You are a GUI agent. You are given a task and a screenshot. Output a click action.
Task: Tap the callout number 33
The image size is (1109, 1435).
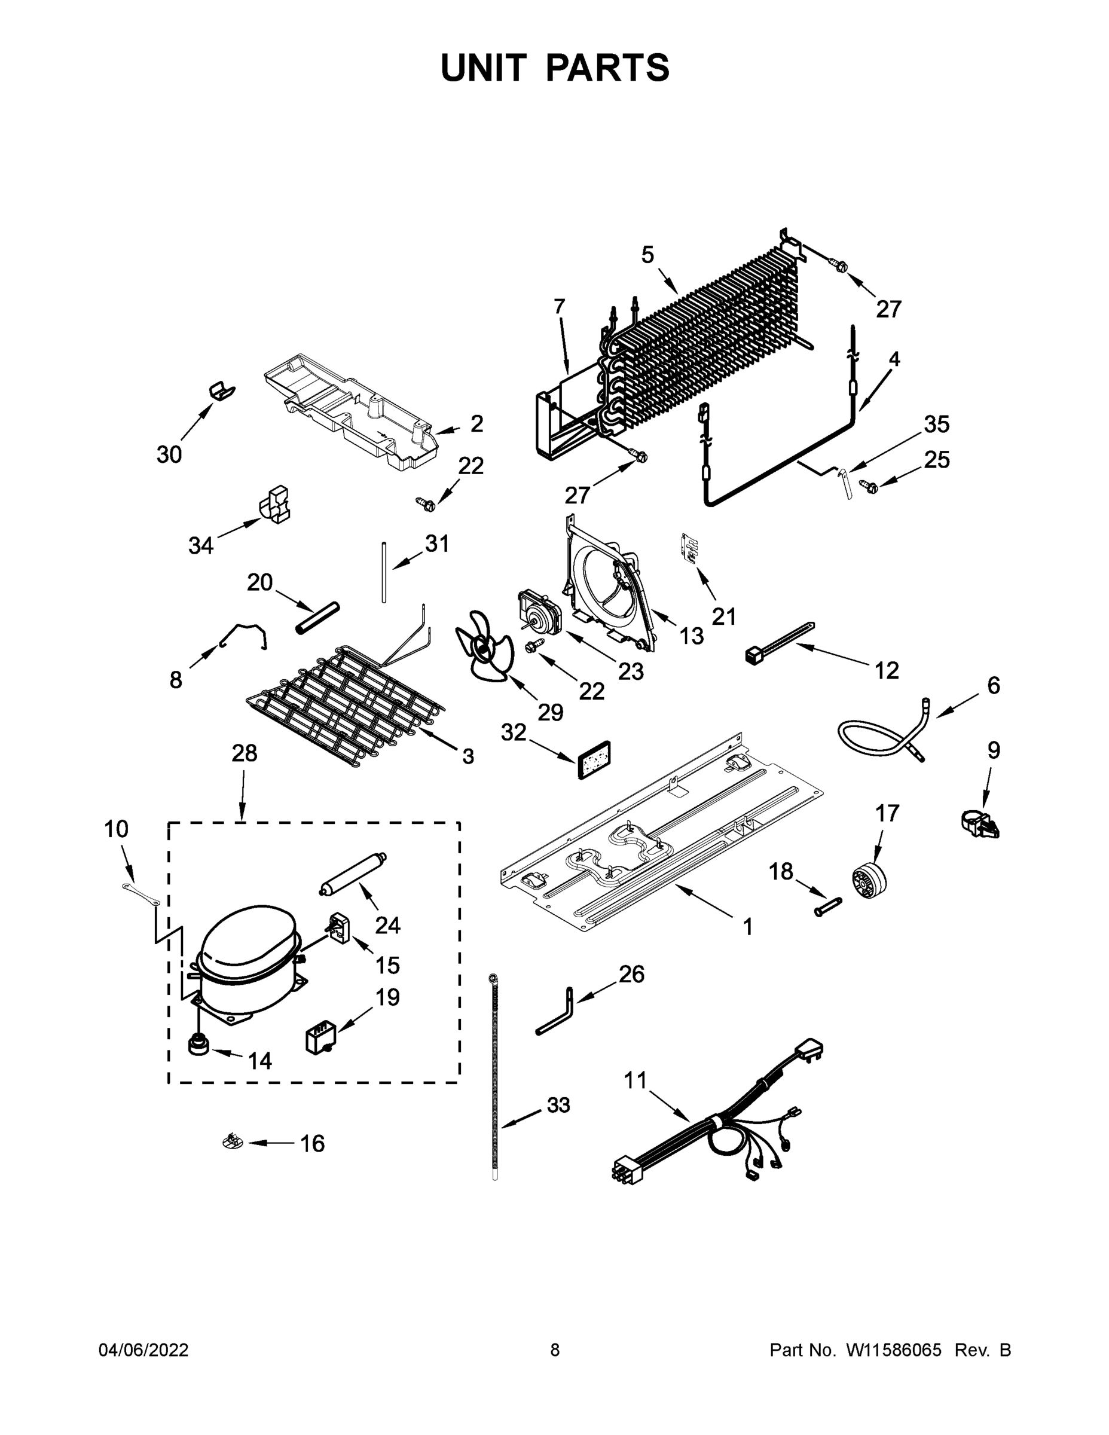[558, 1105]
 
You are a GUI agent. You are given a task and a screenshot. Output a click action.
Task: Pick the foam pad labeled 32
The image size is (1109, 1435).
[594, 759]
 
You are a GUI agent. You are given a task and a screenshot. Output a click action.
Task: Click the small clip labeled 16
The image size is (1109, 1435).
[232, 1142]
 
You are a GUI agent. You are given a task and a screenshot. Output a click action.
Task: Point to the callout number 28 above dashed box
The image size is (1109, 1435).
[244, 753]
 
